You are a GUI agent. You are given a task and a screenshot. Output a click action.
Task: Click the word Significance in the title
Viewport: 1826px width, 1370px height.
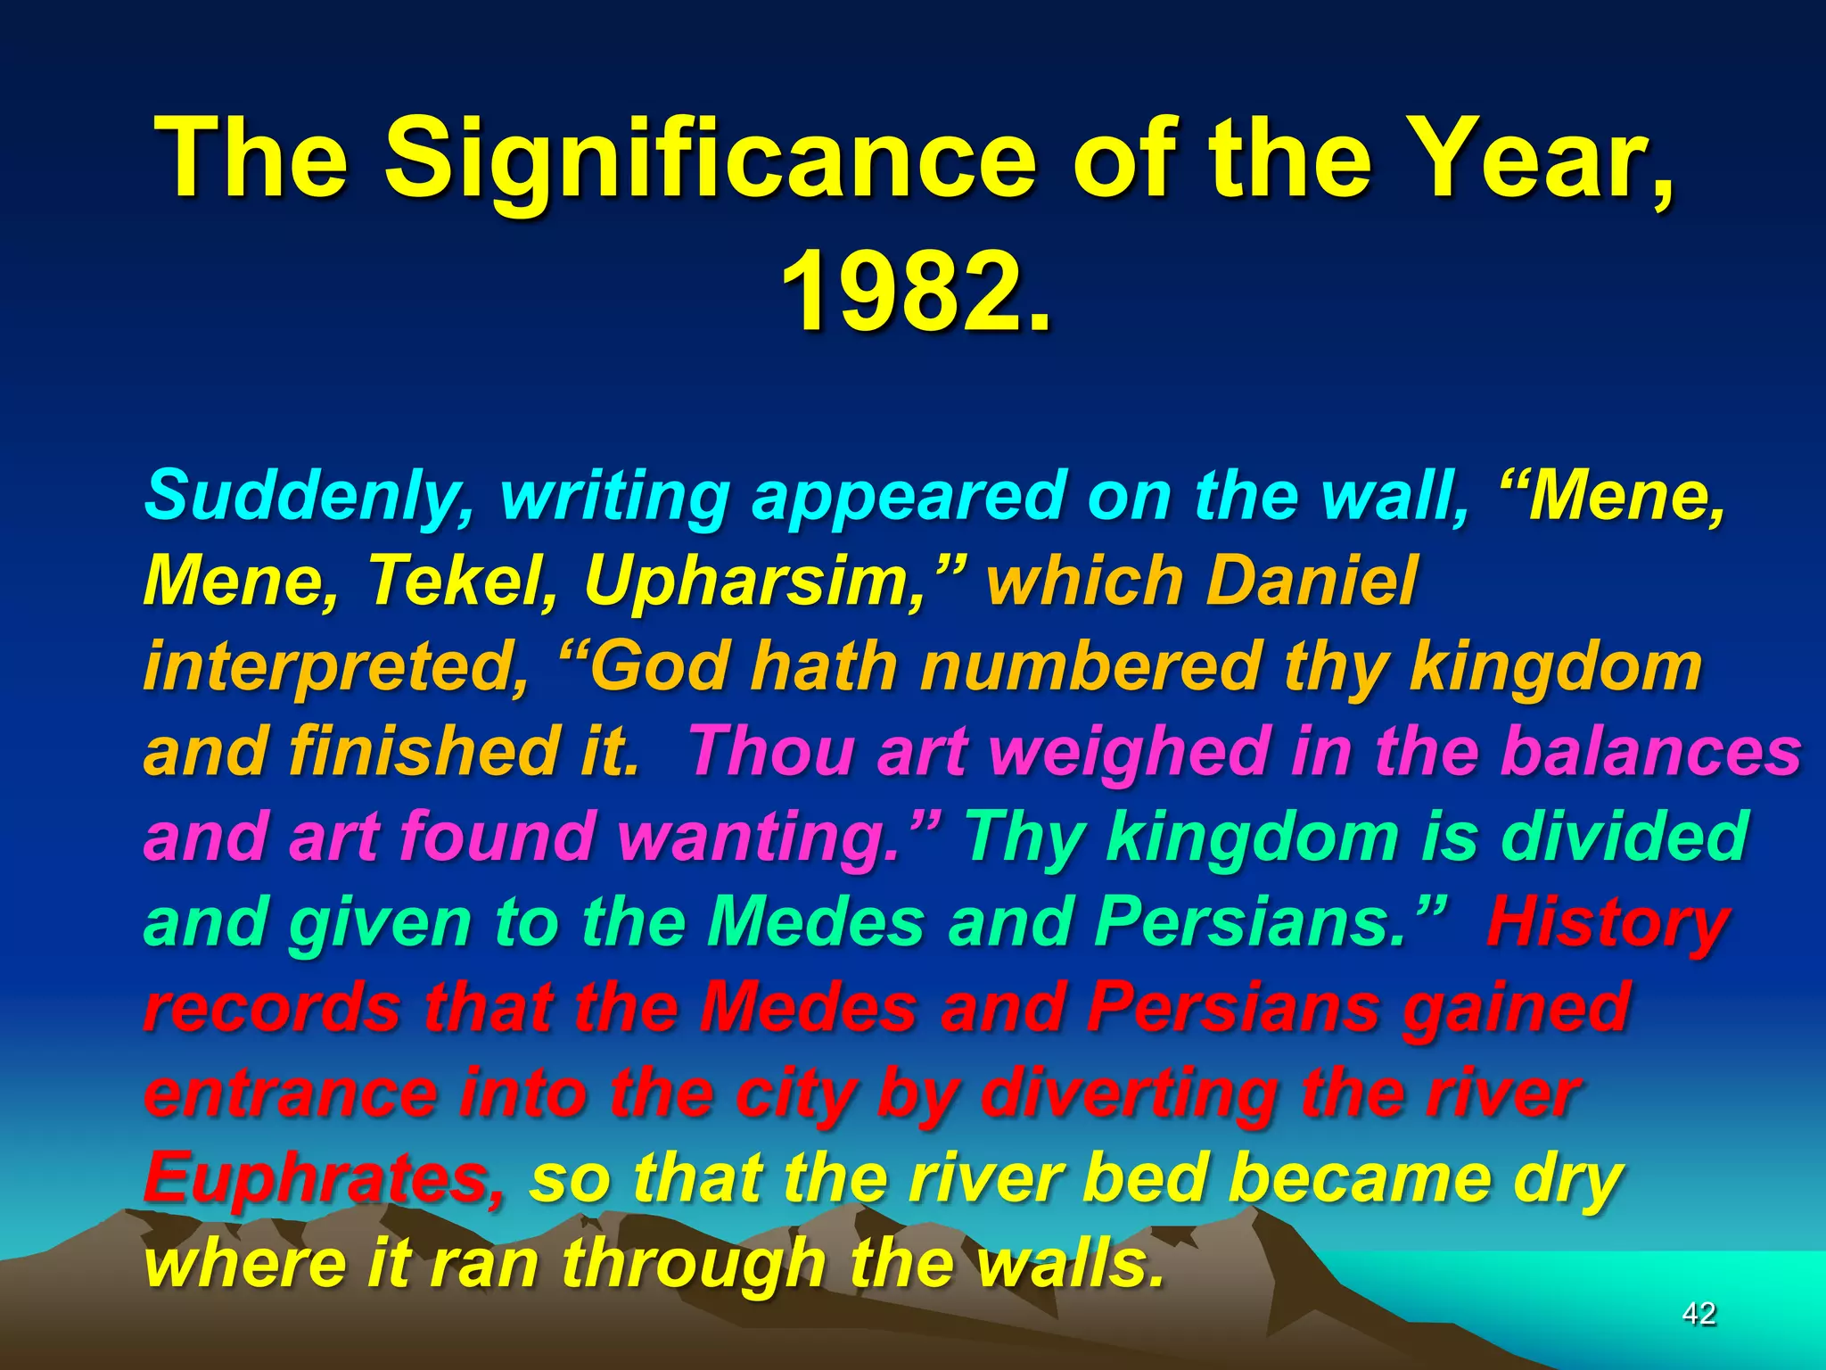(x=710, y=161)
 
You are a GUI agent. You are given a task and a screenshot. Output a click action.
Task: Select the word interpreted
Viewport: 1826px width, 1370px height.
(x=335, y=667)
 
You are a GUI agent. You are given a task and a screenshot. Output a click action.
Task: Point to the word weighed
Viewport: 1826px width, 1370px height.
(x=1129, y=751)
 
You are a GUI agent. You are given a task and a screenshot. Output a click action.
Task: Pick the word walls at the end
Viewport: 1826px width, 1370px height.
(x=1070, y=1263)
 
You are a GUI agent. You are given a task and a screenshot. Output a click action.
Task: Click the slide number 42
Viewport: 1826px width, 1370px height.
(x=1699, y=1313)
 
